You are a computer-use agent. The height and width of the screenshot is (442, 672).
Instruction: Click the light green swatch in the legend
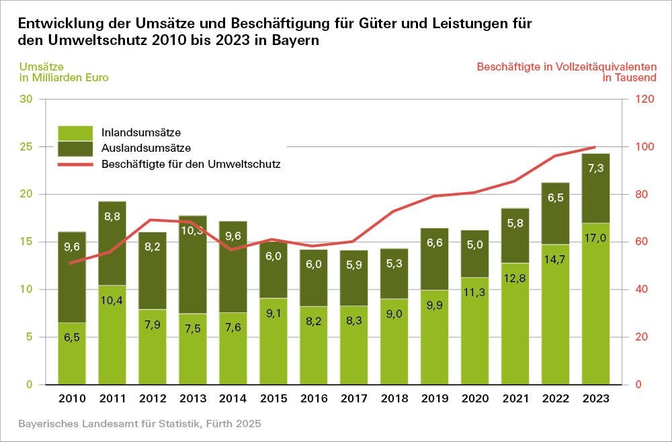pyautogui.click(x=75, y=132)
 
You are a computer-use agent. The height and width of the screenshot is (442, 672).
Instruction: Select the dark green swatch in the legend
pyautogui.click(x=75, y=148)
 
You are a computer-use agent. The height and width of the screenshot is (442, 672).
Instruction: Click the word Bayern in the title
pyautogui.click(x=295, y=40)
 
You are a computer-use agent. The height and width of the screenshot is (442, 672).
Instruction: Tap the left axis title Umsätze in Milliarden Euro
pyautogui.click(x=64, y=72)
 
